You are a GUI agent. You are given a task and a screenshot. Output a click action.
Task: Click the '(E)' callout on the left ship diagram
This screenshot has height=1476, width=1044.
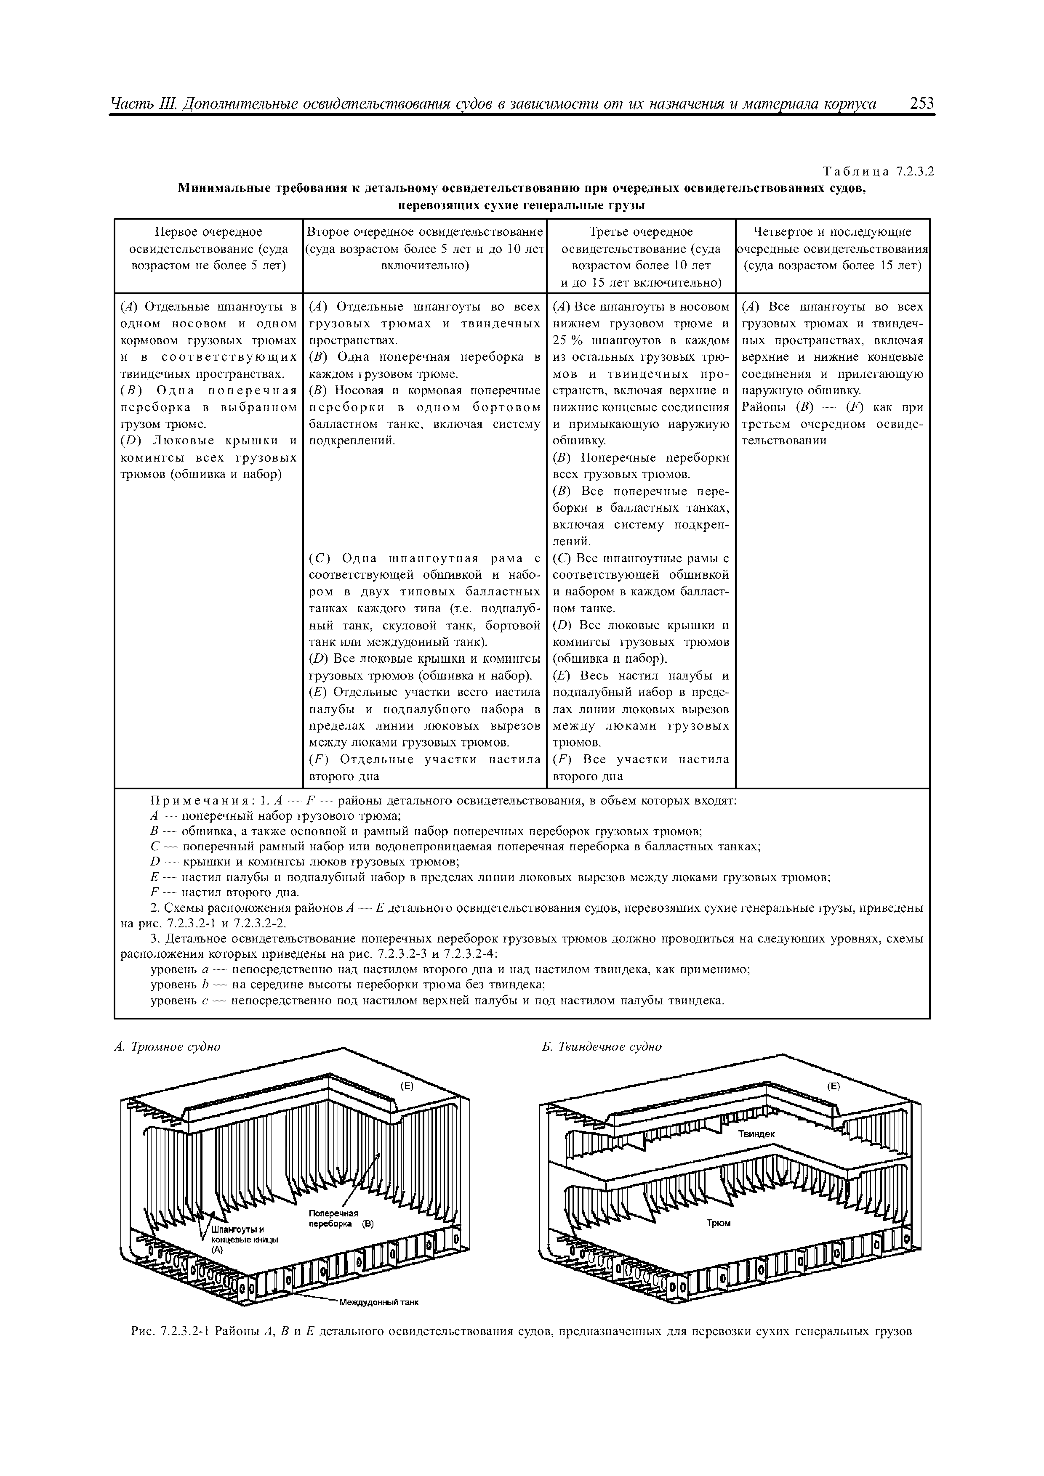click(x=407, y=1086)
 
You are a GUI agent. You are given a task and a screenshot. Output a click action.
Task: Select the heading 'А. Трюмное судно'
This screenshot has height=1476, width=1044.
click(x=167, y=1046)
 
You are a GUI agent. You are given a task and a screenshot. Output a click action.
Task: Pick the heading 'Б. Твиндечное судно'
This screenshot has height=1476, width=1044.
click(x=602, y=1046)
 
